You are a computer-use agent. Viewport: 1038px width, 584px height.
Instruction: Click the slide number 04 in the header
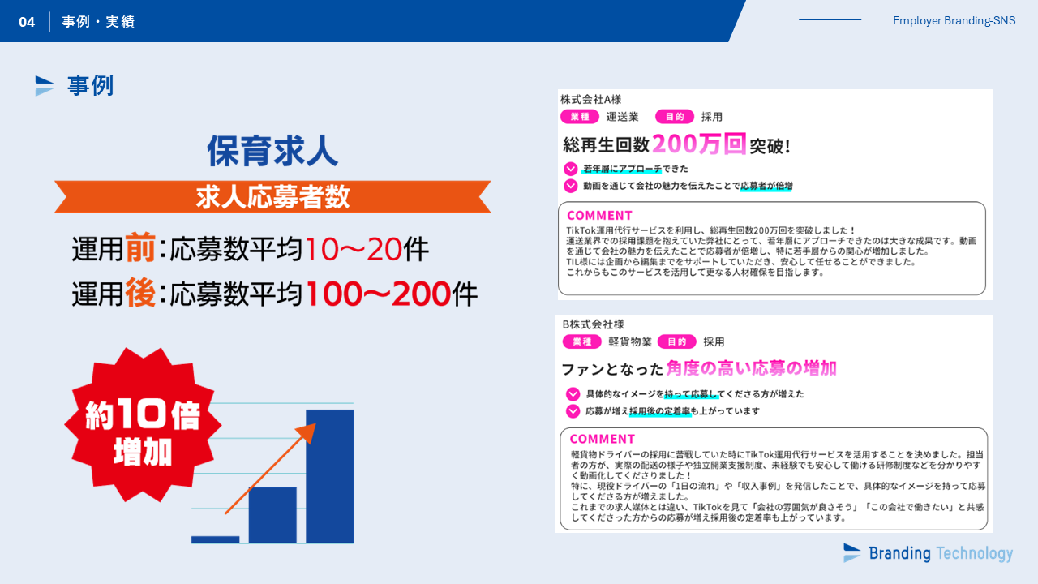[x=27, y=22]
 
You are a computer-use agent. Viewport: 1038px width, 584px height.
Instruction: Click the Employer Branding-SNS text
[x=954, y=20]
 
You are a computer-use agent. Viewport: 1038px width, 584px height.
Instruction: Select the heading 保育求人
[x=272, y=151]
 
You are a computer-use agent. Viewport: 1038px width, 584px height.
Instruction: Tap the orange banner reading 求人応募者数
[x=272, y=196]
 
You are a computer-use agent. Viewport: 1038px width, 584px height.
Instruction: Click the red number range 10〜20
[x=353, y=249]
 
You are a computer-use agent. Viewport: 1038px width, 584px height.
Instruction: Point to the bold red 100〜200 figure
[x=378, y=294]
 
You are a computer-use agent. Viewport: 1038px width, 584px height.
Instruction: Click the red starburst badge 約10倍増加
[x=143, y=425]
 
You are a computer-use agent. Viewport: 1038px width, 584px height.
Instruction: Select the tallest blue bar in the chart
[x=330, y=476]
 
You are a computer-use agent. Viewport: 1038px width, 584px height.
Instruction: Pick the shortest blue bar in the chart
[x=216, y=539]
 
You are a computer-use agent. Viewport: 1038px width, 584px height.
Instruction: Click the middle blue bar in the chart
[x=272, y=515]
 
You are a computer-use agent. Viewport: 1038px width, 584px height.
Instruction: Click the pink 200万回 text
[x=699, y=144]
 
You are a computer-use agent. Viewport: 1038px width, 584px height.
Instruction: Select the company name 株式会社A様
[x=591, y=99]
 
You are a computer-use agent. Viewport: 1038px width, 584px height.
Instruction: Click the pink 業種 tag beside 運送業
[x=580, y=117]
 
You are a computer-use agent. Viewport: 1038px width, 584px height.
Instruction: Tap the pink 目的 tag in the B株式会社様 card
[x=676, y=341]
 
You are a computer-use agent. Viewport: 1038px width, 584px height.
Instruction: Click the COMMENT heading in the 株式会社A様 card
[x=599, y=216]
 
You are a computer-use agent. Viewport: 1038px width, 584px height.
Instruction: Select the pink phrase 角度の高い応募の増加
[x=752, y=368]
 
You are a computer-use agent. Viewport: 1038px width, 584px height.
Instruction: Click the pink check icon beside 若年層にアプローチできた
[x=570, y=169]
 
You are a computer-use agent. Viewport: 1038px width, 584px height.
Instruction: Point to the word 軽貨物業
[x=630, y=341]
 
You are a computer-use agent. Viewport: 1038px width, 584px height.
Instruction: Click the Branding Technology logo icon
[x=851, y=553]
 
